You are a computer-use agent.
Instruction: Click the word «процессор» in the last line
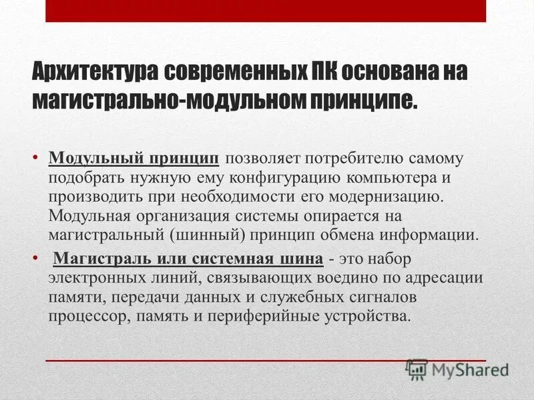coord(81,315)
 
